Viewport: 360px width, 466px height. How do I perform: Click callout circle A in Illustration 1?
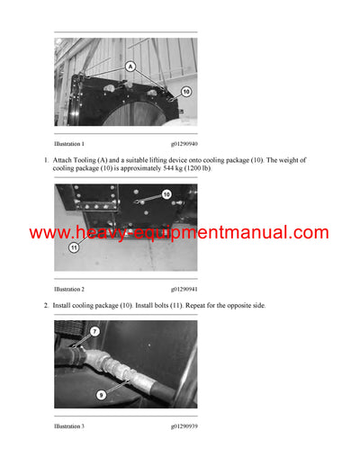130,66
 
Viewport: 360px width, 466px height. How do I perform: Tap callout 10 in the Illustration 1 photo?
186,91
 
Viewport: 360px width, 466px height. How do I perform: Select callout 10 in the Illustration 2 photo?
166,193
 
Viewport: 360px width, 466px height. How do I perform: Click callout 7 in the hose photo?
94,332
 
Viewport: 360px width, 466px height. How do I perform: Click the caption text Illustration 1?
69,144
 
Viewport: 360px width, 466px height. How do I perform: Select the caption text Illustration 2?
69,290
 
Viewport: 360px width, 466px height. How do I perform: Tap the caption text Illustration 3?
69,426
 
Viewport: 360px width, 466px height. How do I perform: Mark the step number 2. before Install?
46,306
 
